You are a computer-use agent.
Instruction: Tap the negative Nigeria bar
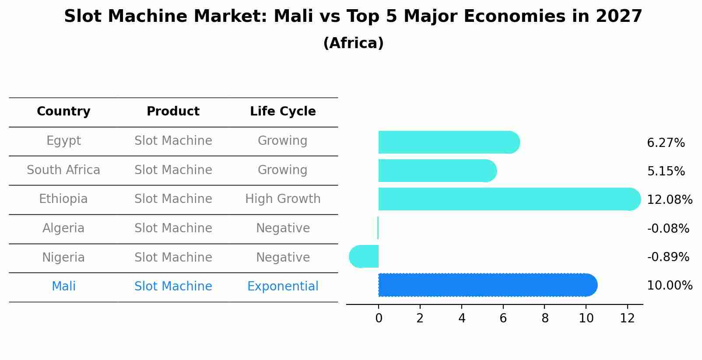(364, 256)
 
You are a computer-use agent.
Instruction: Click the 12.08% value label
(669, 200)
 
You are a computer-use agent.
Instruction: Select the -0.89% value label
(668, 257)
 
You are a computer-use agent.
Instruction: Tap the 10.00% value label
(669, 286)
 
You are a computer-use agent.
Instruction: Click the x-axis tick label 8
(544, 318)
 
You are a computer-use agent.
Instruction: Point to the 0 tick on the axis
(379, 318)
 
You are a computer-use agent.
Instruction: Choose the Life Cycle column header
(283, 112)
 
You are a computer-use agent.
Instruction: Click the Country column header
(63, 112)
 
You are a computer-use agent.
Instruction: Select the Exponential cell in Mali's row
(283, 287)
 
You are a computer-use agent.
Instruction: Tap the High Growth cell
(283, 199)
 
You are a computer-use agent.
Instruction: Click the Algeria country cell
(63, 228)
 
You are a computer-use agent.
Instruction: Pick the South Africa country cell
(63, 170)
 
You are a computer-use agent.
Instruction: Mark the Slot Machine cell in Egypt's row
(173, 141)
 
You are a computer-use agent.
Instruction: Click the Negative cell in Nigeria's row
(283, 258)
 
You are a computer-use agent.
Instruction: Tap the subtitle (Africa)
(353, 43)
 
